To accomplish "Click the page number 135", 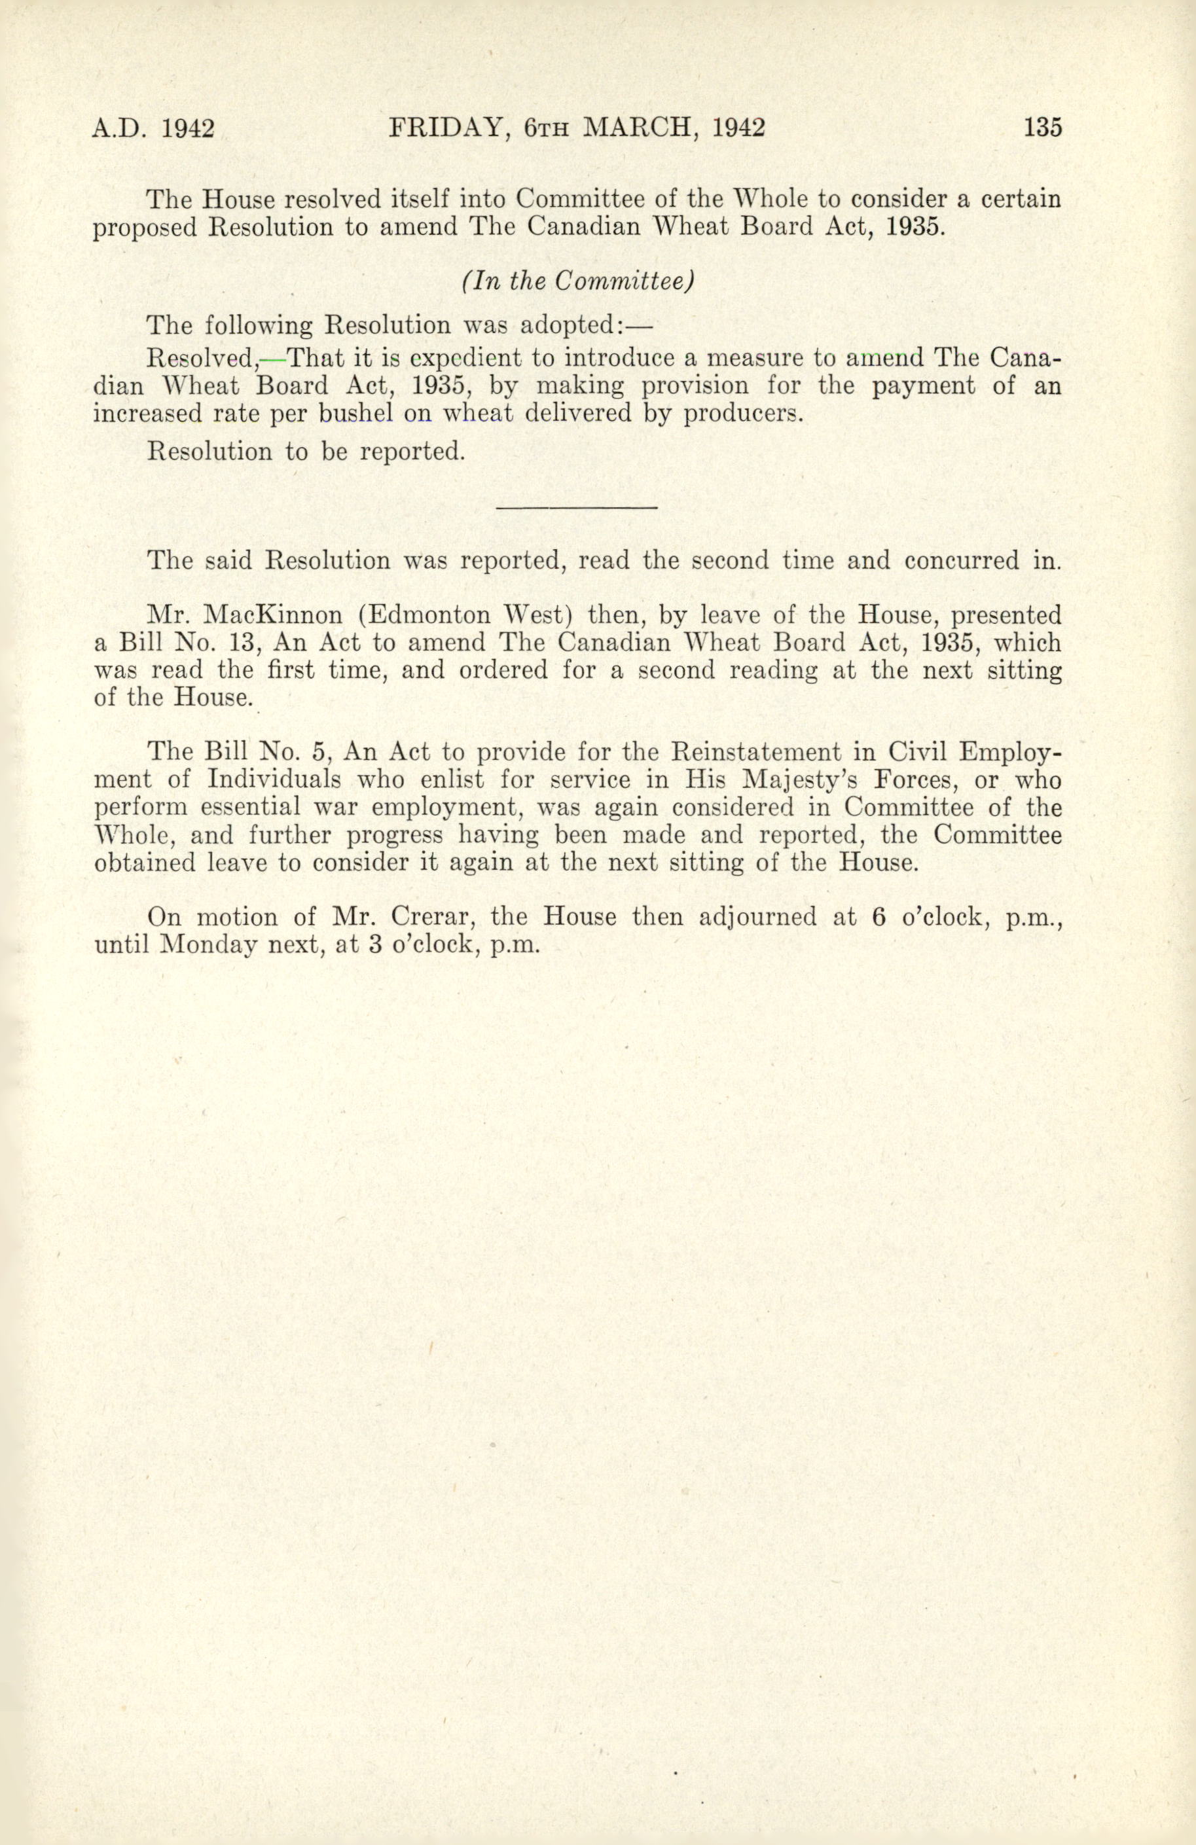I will (1042, 127).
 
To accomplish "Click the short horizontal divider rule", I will (576, 508).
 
